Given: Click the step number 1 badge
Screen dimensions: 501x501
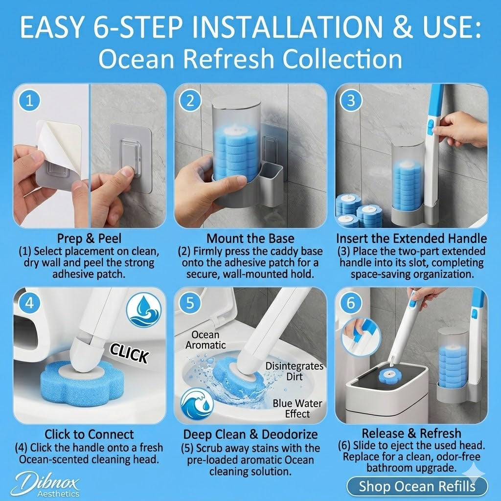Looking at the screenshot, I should coord(29,101).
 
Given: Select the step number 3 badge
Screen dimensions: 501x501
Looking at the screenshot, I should coord(350,101).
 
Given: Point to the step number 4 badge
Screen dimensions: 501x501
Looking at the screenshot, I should coord(29,303).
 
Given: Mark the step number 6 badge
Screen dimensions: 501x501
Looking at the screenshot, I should coord(350,303).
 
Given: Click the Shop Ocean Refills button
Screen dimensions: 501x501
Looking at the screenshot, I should coord(417,486).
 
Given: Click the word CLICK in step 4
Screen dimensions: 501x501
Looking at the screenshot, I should coord(129,353).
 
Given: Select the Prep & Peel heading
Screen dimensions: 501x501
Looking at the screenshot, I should coord(90,239).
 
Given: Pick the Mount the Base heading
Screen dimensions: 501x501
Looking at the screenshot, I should coord(250,239).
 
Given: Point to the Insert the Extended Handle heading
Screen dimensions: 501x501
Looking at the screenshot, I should coord(411,239).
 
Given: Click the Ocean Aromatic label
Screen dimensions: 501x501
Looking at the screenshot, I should coord(208,340).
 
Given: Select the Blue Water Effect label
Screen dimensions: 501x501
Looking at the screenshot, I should coord(291,408).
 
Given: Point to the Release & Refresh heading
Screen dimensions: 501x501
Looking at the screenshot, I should coord(411,433).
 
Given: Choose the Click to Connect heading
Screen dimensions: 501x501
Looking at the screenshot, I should coord(90,434).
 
